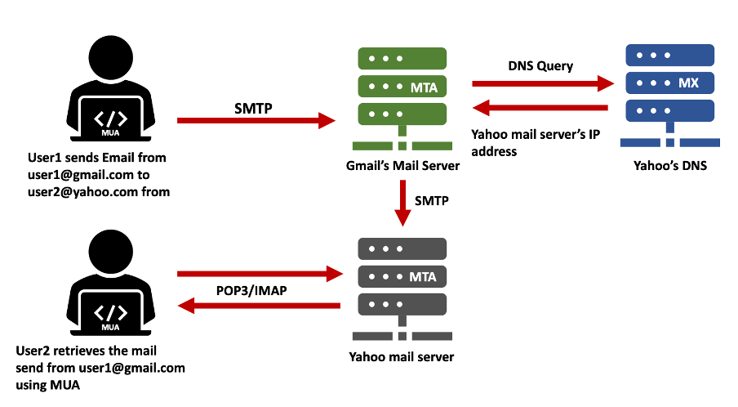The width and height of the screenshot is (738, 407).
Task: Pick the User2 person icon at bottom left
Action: pos(112,286)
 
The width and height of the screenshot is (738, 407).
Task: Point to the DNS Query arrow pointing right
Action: pos(543,83)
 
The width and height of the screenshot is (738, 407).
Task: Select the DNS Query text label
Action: pos(540,66)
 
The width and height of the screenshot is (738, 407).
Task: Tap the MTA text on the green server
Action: pos(423,87)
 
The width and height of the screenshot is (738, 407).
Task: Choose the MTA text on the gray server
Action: pos(423,277)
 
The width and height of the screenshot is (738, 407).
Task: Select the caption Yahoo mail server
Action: pos(402,356)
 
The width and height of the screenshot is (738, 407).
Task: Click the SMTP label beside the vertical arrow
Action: pos(433,199)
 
